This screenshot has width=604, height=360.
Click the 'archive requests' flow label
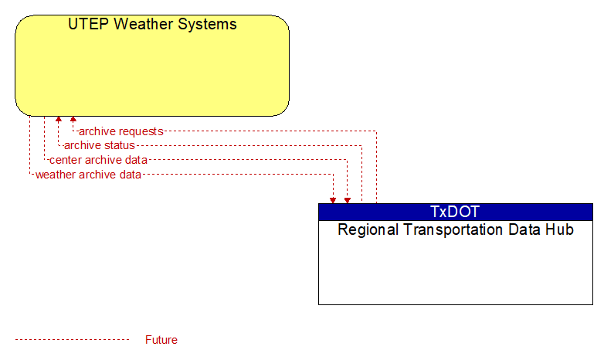coord(121,131)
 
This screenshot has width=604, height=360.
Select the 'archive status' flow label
coord(100,145)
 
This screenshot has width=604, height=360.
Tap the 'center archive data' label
coord(98,160)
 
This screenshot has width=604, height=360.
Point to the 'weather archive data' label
coord(88,175)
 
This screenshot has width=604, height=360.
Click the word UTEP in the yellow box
coord(89,24)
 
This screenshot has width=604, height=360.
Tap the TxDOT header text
coord(455,212)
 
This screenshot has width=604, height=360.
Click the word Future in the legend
coord(161,340)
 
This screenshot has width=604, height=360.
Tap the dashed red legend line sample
coord(73,340)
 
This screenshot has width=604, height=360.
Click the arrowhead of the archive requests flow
coord(73,119)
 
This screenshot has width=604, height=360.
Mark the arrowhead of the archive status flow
coord(59,119)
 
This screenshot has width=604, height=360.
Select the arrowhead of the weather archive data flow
coord(333,200)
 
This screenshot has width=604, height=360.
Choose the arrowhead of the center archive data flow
coord(348,200)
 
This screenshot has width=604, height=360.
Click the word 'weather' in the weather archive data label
coord(56,175)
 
